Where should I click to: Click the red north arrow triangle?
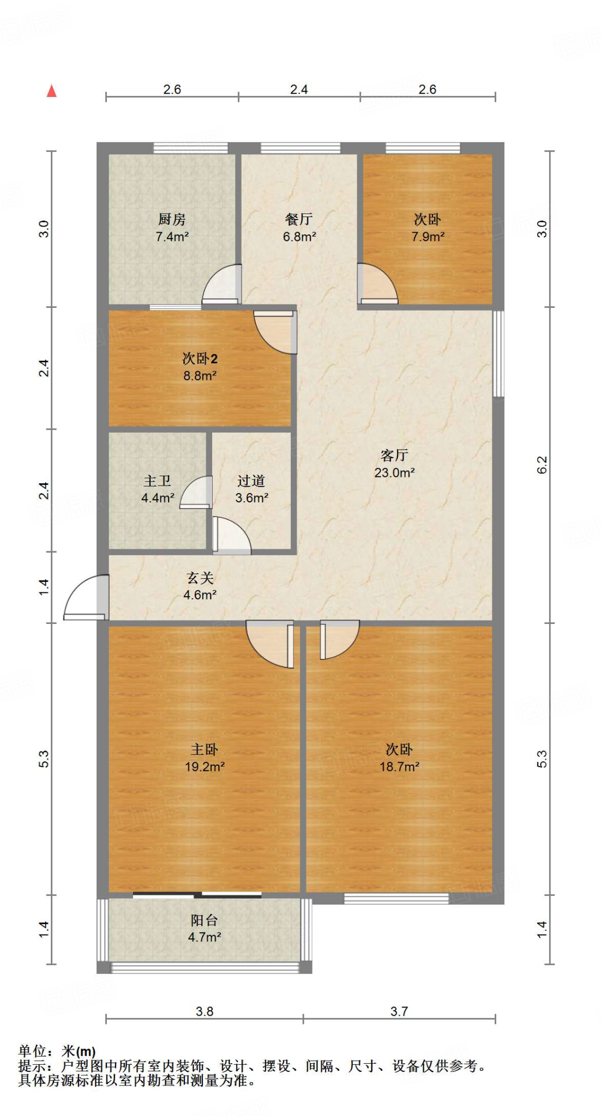pyautogui.click(x=52, y=91)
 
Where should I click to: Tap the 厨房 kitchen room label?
pyautogui.click(x=172, y=219)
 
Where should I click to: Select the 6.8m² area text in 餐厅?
pyautogui.click(x=299, y=236)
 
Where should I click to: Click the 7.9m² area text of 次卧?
pyautogui.click(x=428, y=236)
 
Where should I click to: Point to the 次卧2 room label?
pyautogui.click(x=200, y=359)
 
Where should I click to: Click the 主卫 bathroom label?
pyautogui.click(x=157, y=481)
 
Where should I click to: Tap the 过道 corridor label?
pyautogui.click(x=251, y=481)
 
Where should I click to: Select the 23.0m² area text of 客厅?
pyautogui.click(x=394, y=472)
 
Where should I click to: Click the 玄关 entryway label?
pyautogui.click(x=200, y=578)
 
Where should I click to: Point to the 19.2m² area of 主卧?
pyautogui.click(x=205, y=767)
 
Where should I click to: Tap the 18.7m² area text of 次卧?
pyautogui.click(x=399, y=767)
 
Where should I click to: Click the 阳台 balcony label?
pyautogui.click(x=205, y=920)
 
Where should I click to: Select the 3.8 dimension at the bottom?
pyautogui.click(x=205, y=1011)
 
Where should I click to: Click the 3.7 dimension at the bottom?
pyautogui.click(x=399, y=1011)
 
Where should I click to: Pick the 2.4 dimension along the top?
pyautogui.click(x=299, y=89)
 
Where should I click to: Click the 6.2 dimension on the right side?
pyautogui.click(x=542, y=464)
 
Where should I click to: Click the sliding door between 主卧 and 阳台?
pyautogui.click(x=197, y=894)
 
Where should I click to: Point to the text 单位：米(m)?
pyautogui.click(x=57, y=1051)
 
